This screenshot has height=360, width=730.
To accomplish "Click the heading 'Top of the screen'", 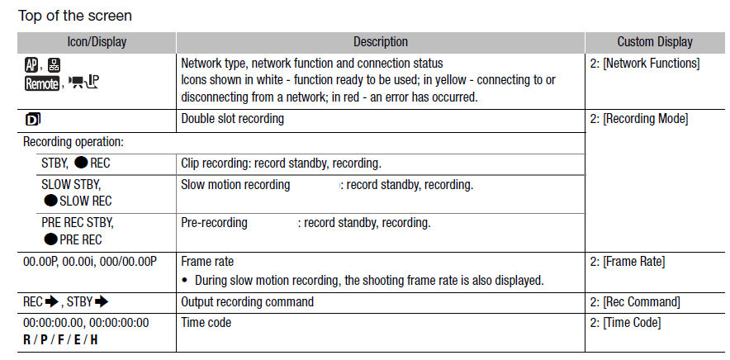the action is [75, 16].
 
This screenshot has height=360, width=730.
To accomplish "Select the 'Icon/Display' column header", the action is [97, 42].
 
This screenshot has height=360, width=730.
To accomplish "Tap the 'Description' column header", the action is [381, 42].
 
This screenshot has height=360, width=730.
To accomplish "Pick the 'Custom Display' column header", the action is [655, 42].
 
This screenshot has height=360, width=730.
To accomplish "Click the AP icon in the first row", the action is [31, 64].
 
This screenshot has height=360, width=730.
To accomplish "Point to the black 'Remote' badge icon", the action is [42, 84].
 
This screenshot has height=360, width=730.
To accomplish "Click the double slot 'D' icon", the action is [32, 120].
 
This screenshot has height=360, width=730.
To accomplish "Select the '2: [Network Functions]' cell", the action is [644, 64].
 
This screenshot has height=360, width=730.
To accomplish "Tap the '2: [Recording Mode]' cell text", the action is [638, 119].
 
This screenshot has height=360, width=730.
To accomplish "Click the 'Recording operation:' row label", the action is [73, 142].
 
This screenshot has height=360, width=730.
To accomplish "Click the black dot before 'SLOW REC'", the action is [50, 201].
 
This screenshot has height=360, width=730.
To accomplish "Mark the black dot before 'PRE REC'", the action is [50, 239].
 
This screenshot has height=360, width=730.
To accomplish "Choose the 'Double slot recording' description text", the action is [232, 119].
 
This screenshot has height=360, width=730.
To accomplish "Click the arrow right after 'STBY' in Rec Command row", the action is [102, 302].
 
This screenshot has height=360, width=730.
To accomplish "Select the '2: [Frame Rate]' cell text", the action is [627, 263].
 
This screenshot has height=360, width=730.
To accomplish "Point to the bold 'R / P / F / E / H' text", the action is [60, 340].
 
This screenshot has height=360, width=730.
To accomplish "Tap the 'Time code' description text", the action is [206, 323].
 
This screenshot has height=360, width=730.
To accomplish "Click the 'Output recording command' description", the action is [247, 302].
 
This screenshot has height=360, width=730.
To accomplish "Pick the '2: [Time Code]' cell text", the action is [625, 323].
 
